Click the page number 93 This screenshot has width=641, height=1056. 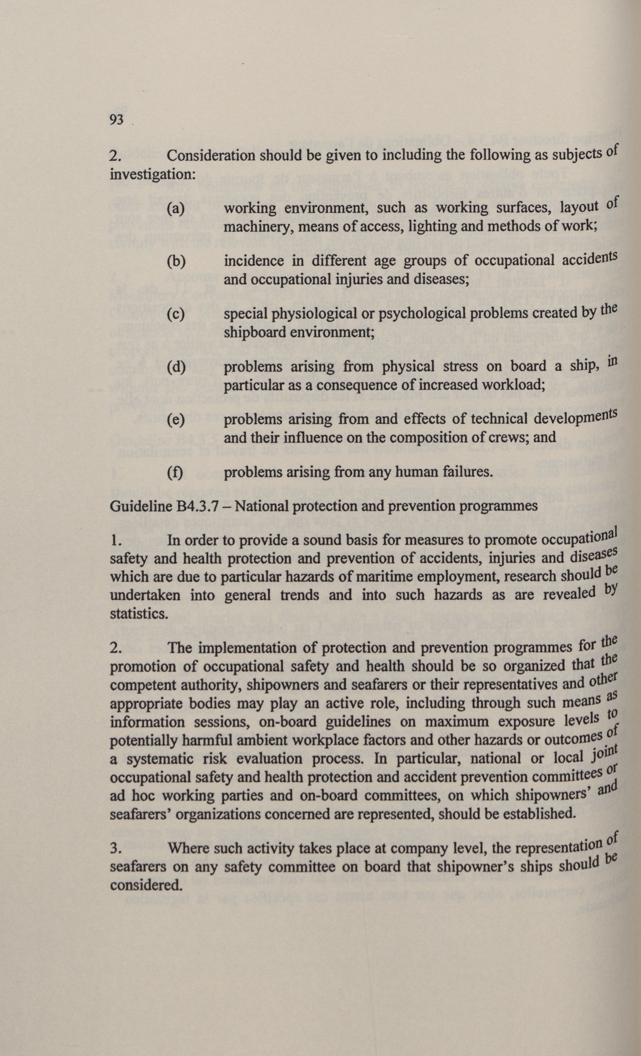point(117,120)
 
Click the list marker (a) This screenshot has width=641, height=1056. point(175,209)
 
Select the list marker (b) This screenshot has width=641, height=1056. point(176,262)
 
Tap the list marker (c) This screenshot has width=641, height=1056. point(175,314)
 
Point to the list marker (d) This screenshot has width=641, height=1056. point(176,367)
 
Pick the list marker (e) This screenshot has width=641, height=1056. point(175,420)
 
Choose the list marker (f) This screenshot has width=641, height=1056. point(175,473)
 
